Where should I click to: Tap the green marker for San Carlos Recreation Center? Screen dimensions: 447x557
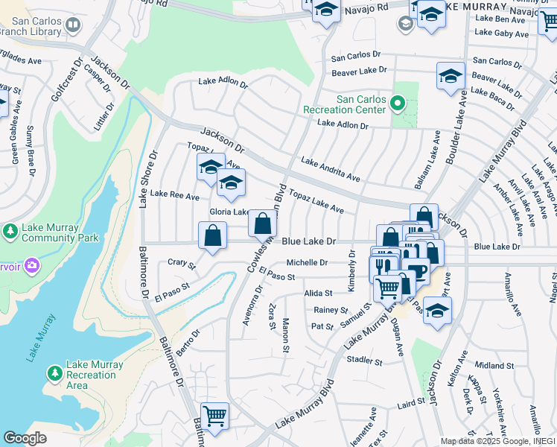click(x=397, y=104)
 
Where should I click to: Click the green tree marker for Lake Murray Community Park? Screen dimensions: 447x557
click(x=10, y=232)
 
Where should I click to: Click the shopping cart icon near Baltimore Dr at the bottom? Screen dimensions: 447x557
click(x=215, y=415)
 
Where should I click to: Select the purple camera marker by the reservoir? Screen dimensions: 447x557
click(x=31, y=264)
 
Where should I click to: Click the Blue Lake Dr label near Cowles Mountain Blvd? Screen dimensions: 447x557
click(x=310, y=242)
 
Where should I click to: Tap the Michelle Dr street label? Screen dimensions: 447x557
click(x=307, y=262)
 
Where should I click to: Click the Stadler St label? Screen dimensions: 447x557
click(x=364, y=361)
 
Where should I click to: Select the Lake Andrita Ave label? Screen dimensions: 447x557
click(x=331, y=170)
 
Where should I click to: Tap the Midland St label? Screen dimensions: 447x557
click(x=494, y=366)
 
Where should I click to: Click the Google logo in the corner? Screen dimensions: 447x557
click(x=25, y=438)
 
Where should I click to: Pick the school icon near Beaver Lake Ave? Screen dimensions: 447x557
click(x=451, y=75)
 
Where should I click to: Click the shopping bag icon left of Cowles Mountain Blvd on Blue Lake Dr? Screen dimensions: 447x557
click(x=213, y=235)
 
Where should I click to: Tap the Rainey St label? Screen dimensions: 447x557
click(x=331, y=310)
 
